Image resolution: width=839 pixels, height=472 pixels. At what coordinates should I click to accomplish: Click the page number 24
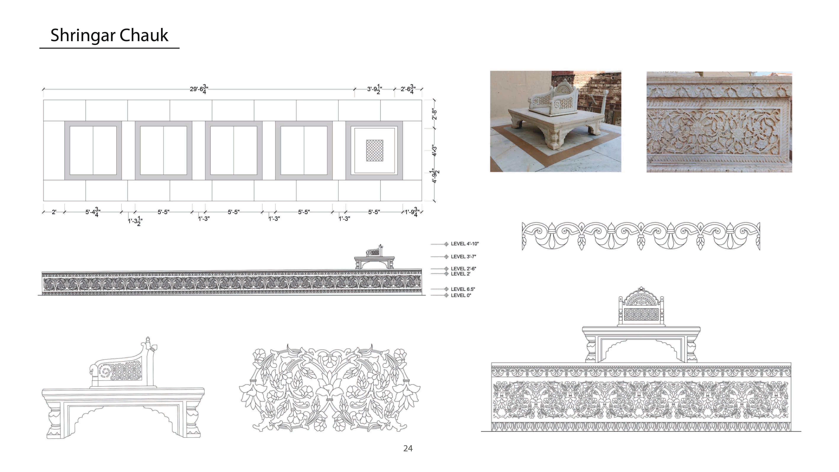[x=408, y=449]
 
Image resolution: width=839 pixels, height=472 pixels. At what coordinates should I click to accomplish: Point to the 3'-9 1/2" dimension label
[x=375, y=89]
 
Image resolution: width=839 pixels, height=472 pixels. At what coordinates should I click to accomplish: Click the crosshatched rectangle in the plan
[x=375, y=151]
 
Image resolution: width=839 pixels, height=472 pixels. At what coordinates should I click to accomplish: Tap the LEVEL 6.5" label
[x=463, y=289]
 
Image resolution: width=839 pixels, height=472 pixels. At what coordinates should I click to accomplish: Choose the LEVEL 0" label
[x=461, y=295]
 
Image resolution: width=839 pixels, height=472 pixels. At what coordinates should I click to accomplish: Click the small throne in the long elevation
[x=375, y=257]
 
